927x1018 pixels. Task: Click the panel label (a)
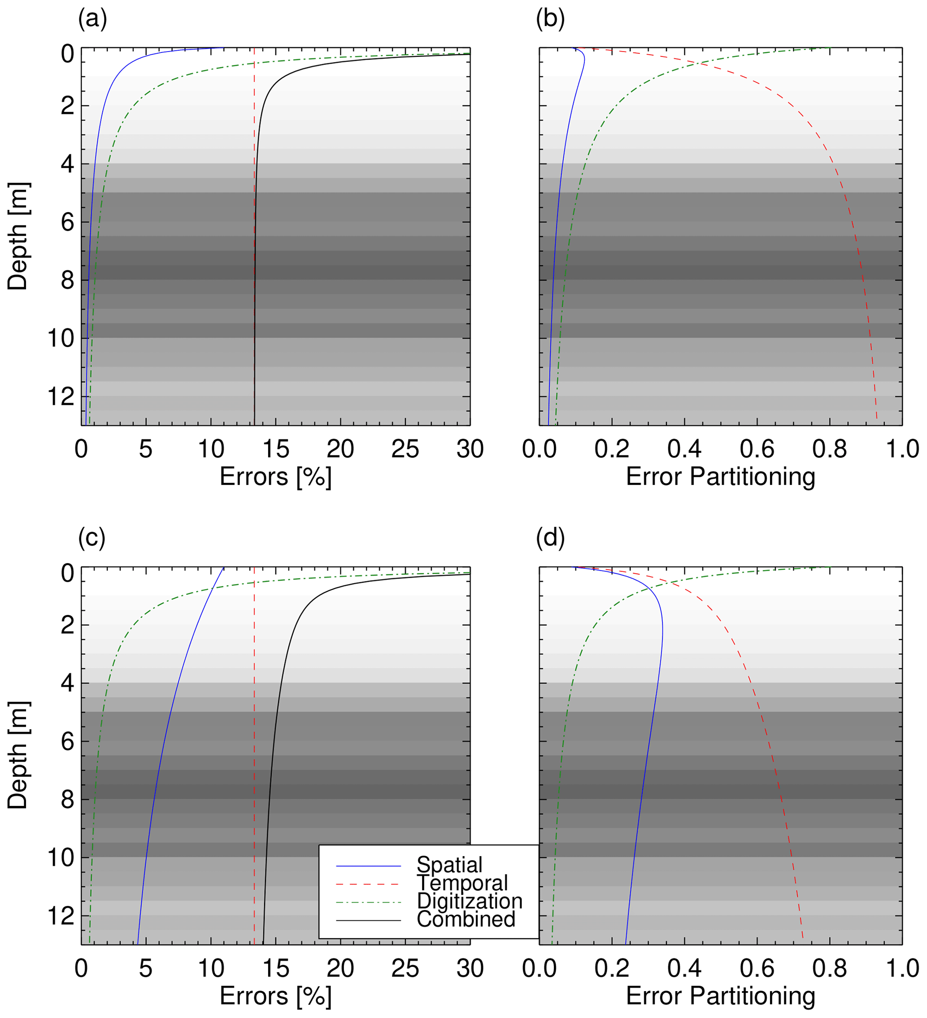click(92, 20)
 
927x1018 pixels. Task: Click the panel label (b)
click(550, 20)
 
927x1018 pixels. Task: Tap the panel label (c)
click(92, 539)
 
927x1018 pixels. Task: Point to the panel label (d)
click(550, 539)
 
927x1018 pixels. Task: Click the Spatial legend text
click(449, 865)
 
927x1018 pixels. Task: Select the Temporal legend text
click(462, 883)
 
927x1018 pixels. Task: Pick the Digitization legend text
click(469, 901)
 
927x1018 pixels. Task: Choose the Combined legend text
click(466, 919)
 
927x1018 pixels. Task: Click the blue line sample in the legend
click(368, 866)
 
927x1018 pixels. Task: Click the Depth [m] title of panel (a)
click(18, 236)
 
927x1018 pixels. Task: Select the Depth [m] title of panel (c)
click(18, 755)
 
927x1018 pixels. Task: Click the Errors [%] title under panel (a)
click(275, 477)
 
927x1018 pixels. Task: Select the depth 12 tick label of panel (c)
click(61, 915)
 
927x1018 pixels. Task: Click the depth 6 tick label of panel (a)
click(68, 222)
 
